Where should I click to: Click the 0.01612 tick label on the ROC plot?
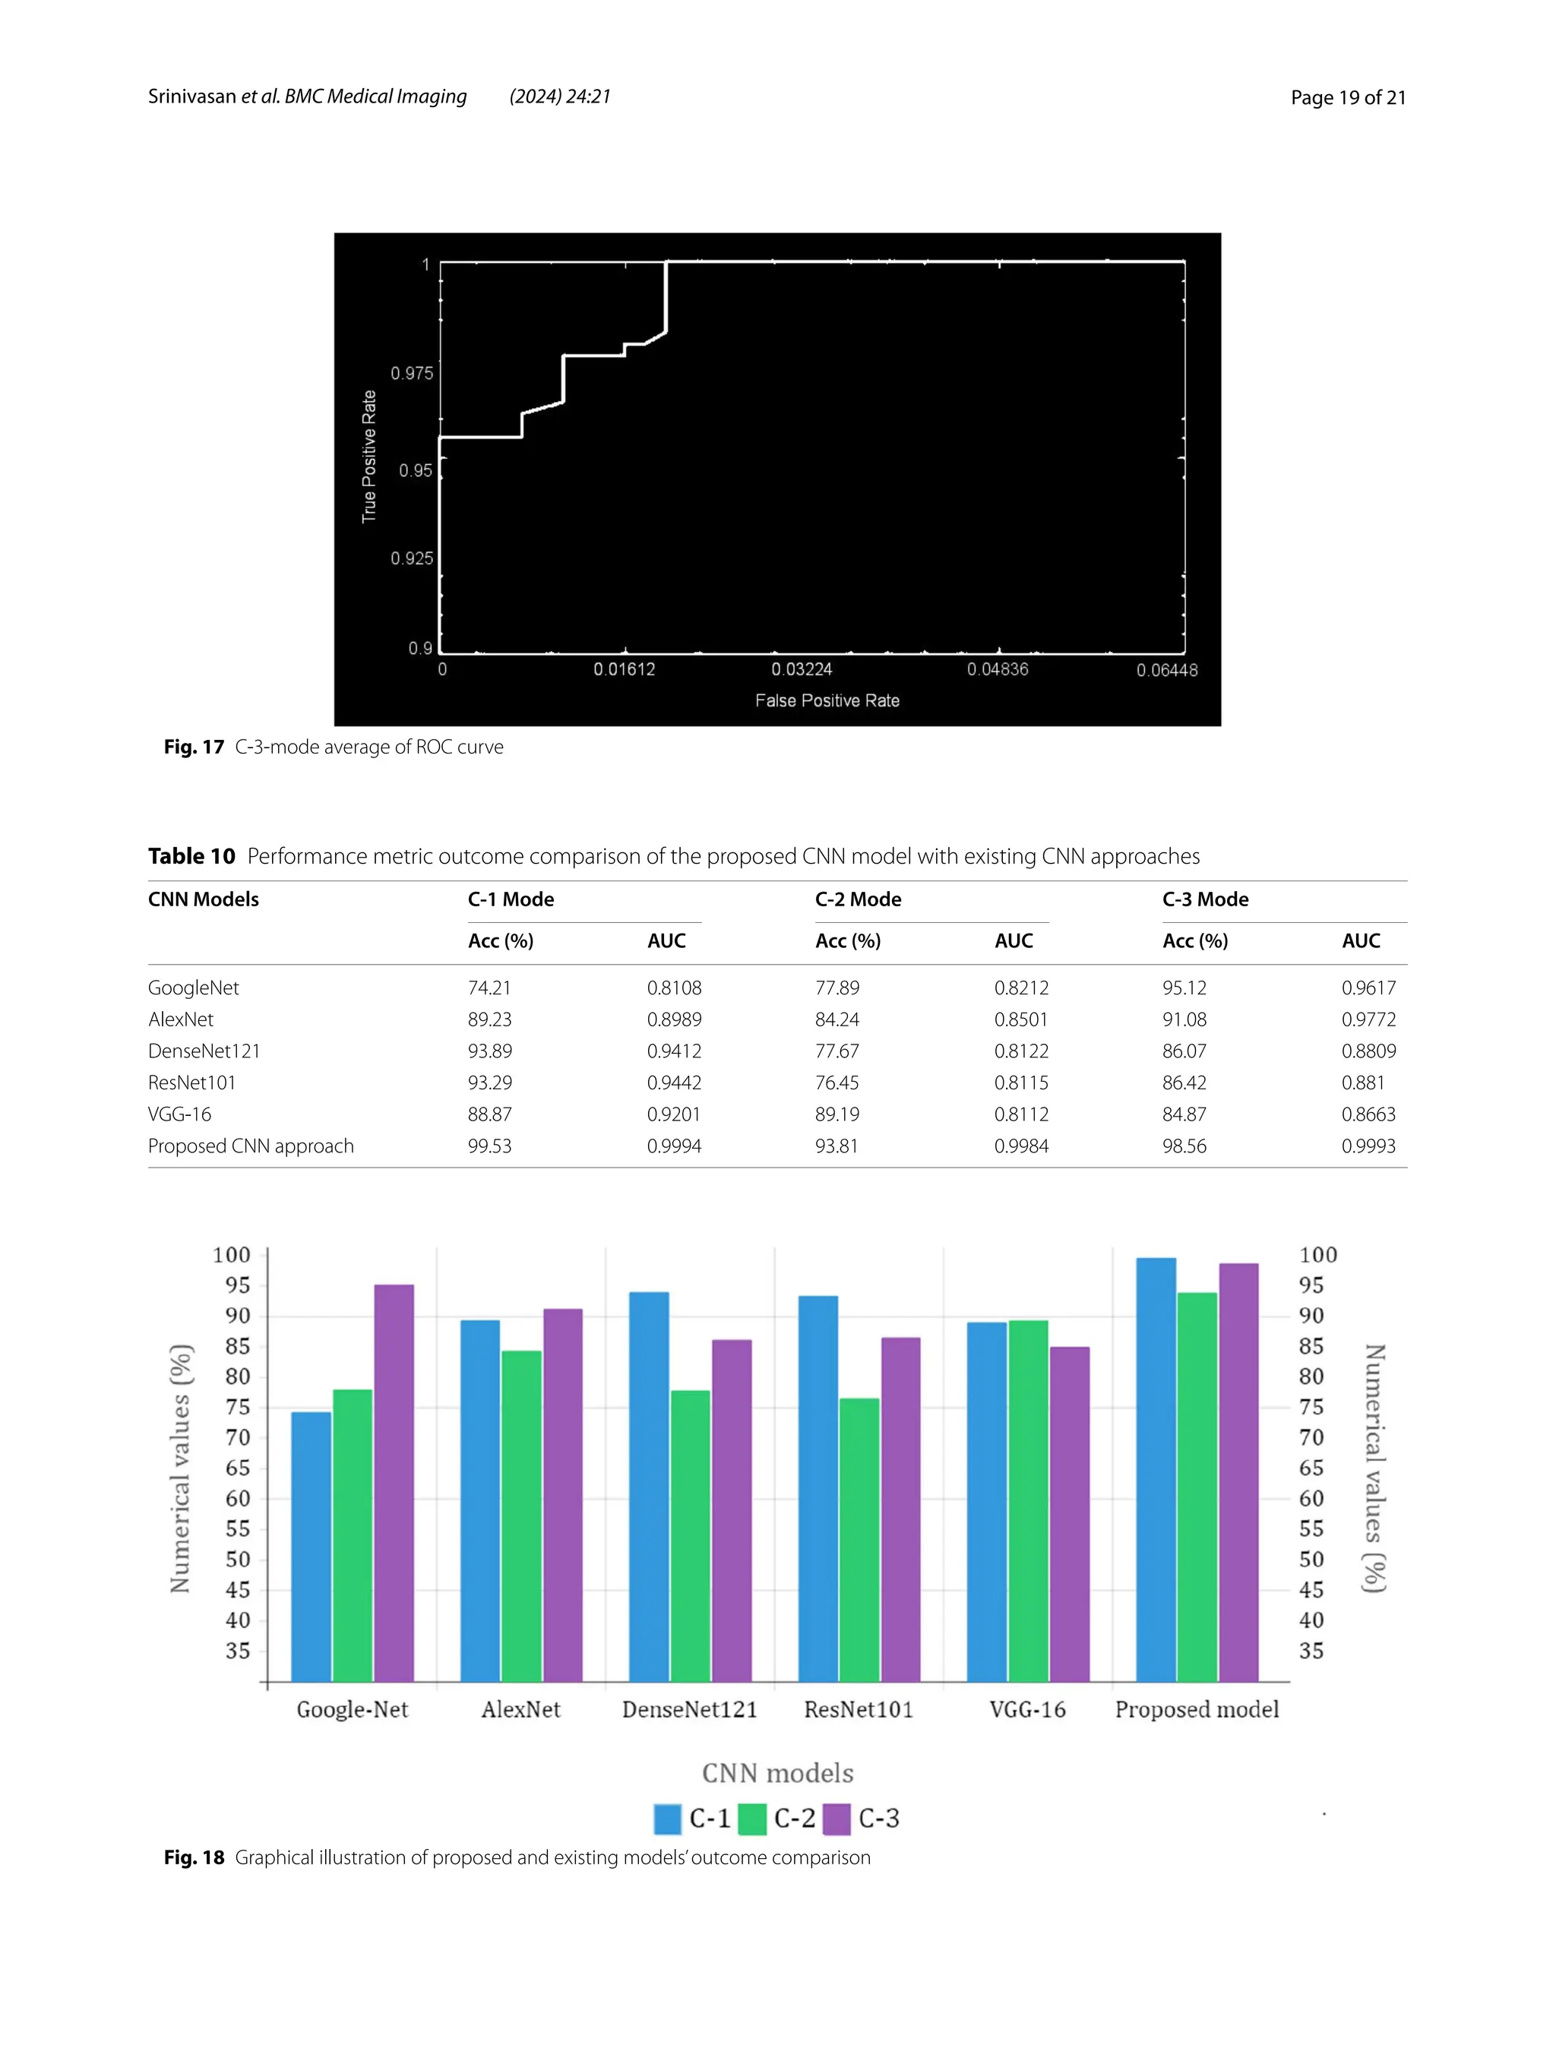pos(625,669)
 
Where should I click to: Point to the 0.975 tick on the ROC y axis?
pos(411,373)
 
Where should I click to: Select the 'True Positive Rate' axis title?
pos(369,456)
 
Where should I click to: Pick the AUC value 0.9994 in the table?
pos(674,1146)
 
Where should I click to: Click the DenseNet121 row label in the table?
pos(204,1051)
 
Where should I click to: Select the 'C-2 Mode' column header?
pos(858,899)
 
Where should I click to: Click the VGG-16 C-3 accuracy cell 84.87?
pos(1184,1114)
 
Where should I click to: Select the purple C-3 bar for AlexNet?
pos(562,1494)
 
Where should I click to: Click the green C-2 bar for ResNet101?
pos(859,1539)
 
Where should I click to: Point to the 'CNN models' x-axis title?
pos(777,1773)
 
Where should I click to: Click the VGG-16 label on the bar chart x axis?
pos(1027,1709)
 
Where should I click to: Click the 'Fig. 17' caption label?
pos(194,747)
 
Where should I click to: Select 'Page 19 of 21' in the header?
pos(1348,97)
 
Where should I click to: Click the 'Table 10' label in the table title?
pos(191,856)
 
